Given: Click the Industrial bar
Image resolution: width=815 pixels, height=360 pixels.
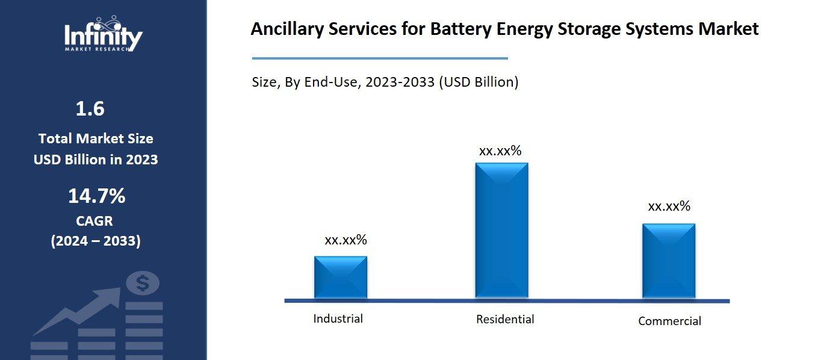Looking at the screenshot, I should point(340,277).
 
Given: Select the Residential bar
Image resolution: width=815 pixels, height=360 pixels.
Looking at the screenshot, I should point(501,230).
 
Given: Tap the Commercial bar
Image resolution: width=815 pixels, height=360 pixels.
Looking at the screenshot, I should point(668,260).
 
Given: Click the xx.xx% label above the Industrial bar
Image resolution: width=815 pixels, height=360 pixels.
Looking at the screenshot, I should point(346,240).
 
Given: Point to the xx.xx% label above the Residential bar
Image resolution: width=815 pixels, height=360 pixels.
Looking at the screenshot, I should point(500,151).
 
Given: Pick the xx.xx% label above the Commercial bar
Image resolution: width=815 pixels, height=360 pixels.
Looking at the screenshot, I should point(669,206).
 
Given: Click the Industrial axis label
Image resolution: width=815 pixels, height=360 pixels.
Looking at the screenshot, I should point(338,318).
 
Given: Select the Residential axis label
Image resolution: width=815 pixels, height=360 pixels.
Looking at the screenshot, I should point(504,319).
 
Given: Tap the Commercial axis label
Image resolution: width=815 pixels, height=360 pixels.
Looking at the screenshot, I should point(669,321).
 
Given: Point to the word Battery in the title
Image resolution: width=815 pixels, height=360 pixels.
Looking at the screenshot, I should point(459,29).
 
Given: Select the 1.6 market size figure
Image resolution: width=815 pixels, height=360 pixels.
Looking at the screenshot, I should point(90,109).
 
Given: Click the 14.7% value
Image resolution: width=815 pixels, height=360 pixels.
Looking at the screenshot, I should point(96,196).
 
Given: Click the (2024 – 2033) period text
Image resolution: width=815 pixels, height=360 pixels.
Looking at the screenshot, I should point(95,241).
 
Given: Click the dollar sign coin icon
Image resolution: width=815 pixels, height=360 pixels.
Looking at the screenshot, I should point(143,283).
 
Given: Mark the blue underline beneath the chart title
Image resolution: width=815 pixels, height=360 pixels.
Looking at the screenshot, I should point(379,58).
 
